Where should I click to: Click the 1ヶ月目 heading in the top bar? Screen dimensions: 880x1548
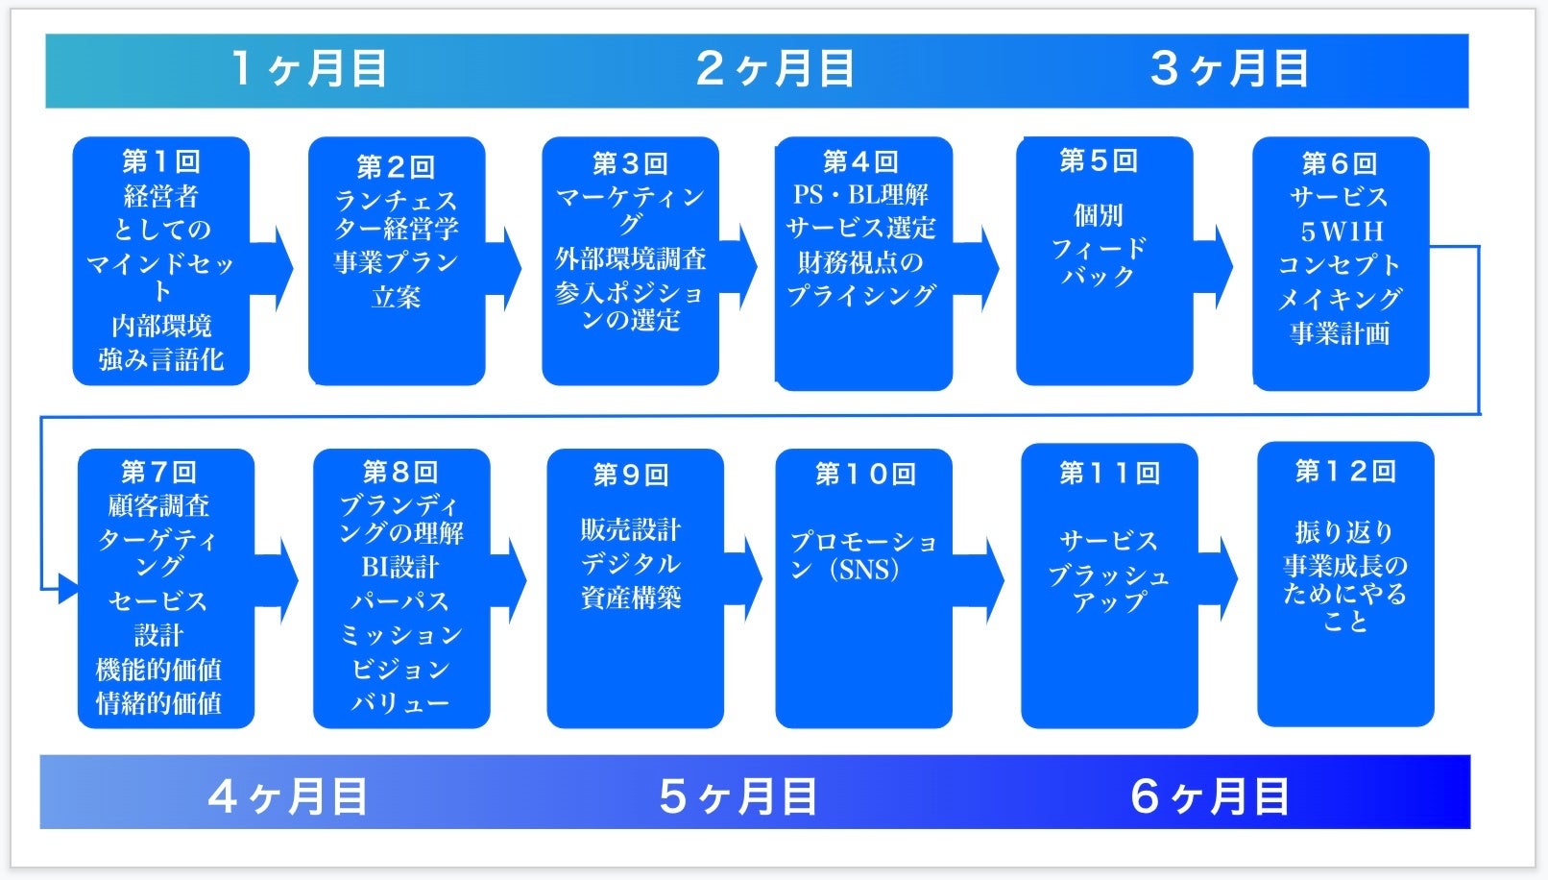pos(309,69)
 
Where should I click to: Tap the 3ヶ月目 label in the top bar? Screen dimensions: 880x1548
pos(1229,69)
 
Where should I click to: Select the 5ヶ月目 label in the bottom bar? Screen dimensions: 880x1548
pos(738,796)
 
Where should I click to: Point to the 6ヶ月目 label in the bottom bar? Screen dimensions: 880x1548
pos(1209,796)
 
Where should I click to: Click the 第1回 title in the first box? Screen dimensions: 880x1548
pos(160,161)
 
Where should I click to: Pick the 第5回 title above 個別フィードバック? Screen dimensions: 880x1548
pos(1099,160)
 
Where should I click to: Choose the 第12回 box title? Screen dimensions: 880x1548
pos(1344,471)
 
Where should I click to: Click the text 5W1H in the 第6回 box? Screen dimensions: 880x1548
pos(1341,232)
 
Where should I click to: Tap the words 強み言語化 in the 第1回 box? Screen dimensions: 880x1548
pos(161,360)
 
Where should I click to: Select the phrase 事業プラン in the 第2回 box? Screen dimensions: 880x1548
pos(396,262)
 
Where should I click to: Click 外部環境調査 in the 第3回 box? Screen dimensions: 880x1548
pos(630,258)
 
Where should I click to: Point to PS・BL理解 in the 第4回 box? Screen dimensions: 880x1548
pos(860,195)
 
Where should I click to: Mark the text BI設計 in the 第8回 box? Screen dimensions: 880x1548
pos(399,567)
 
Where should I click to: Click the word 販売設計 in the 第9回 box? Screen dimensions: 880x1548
pos(630,529)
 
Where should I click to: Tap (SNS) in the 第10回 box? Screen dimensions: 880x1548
pos(868,570)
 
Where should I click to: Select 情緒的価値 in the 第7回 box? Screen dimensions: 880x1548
pos(158,703)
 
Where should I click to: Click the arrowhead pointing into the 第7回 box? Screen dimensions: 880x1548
pos(67,588)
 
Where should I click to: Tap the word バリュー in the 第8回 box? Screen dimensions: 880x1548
pos(399,702)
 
